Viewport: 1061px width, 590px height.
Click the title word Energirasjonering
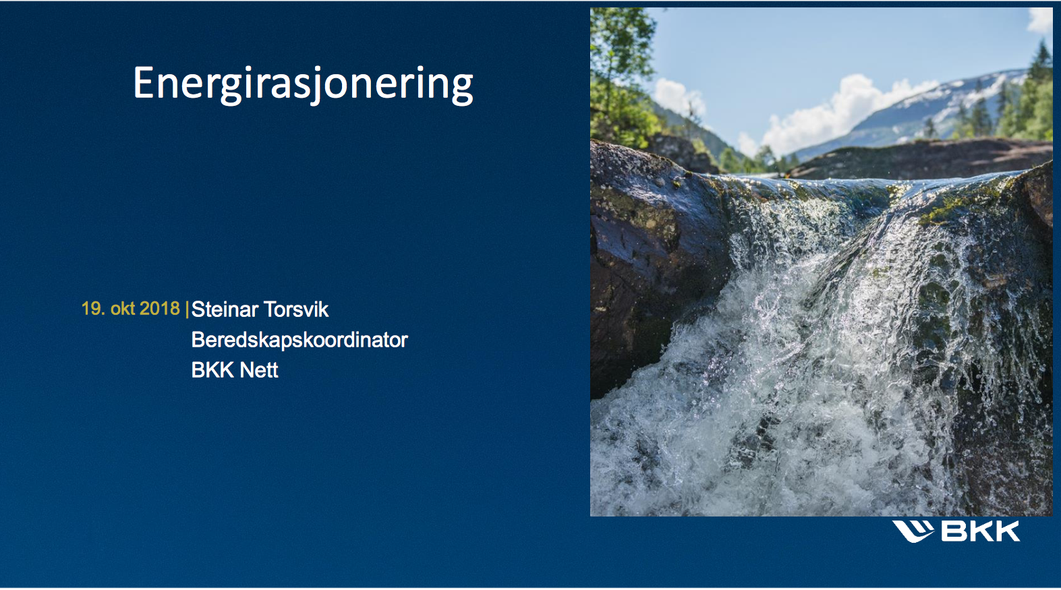pyautogui.click(x=303, y=84)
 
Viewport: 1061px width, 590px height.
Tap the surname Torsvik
pyautogui.click(x=296, y=309)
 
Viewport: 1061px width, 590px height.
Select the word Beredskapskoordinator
pyautogui.click(x=299, y=340)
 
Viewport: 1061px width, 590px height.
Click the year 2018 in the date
pyautogui.click(x=160, y=309)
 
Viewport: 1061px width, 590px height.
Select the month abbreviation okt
pyautogui.click(x=123, y=309)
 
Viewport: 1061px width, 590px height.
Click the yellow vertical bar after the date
pyautogui.click(x=187, y=309)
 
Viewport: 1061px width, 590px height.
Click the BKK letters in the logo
pyautogui.click(x=980, y=531)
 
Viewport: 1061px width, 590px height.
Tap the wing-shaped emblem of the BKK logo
pyautogui.click(x=913, y=531)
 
